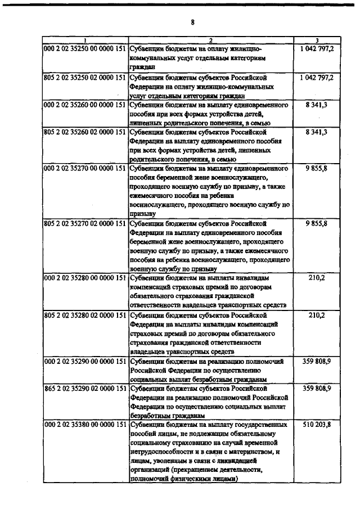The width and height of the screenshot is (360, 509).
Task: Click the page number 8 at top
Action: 192,23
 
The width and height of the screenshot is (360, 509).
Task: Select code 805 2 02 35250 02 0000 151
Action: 85,78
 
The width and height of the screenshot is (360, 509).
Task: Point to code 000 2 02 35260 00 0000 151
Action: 85,105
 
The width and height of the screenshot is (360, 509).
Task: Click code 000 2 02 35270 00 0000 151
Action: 85,168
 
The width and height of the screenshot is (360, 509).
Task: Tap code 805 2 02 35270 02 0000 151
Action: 85,223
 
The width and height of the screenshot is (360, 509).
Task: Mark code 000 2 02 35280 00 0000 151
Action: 85,278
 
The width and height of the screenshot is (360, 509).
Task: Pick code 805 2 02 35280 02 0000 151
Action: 85,315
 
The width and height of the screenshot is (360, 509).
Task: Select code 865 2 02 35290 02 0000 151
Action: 85,388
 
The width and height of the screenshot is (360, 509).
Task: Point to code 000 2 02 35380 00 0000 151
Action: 85,425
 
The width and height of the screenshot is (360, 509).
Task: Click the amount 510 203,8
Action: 317,425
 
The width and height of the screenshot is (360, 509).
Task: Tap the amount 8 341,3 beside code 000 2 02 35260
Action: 317,105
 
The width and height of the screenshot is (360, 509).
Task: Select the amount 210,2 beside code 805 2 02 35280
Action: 317,315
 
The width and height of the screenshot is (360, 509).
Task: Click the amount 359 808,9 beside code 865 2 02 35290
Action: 317,388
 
